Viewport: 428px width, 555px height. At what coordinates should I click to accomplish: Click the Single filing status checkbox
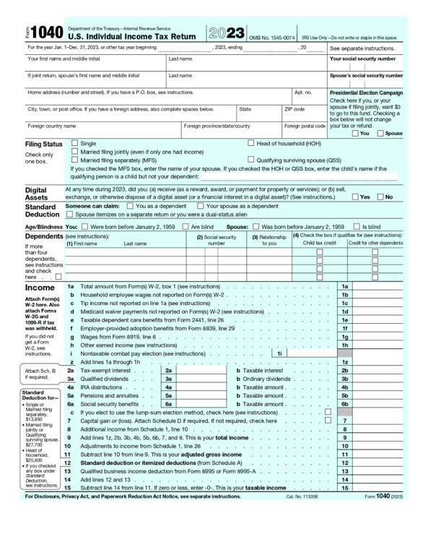(75, 144)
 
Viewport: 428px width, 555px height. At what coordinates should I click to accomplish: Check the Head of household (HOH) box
(251, 144)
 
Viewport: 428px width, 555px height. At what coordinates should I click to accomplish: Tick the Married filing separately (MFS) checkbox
(75, 160)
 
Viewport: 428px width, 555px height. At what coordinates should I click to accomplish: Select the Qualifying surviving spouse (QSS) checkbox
(251, 160)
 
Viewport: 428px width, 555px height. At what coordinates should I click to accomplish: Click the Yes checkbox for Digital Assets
(355, 197)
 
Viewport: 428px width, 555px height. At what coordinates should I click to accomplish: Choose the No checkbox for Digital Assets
(380, 197)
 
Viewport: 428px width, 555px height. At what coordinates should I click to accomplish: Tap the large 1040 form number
(47, 33)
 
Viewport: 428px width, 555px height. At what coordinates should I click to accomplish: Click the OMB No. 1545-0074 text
(272, 38)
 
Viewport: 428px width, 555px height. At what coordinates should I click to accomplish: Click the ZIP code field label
(294, 109)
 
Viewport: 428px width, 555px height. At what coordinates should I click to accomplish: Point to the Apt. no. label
(303, 92)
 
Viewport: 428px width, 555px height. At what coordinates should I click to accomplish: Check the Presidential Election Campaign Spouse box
(380, 133)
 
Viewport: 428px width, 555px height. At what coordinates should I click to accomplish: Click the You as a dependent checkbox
(121, 206)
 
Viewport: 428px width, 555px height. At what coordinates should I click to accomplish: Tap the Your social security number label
(363, 59)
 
